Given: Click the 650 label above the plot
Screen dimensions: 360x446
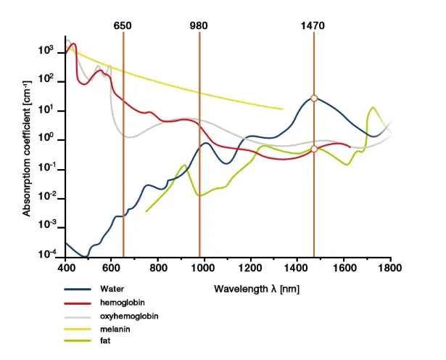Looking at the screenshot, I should click(x=123, y=26).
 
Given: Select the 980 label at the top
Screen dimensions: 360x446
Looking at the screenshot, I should click(x=199, y=26).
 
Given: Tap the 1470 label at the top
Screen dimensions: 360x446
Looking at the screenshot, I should click(x=313, y=26).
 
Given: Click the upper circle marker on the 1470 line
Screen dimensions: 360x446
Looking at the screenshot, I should click(x=314, y=98).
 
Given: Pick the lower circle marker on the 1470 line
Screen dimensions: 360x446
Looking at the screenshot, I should click(x=314, y=149).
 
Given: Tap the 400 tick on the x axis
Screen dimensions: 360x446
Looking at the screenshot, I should click(x=65, y=268).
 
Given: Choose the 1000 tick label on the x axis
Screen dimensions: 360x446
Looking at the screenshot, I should click(x=204, y=268).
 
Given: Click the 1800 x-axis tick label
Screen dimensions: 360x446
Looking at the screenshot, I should click(x=389, y=268).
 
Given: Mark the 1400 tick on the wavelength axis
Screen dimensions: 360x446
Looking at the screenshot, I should click(x=297, y=268).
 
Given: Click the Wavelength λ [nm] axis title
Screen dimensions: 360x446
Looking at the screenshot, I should click(x=256, y=289).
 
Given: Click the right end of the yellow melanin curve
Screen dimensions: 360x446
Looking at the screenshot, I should click(x=282, y=110).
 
